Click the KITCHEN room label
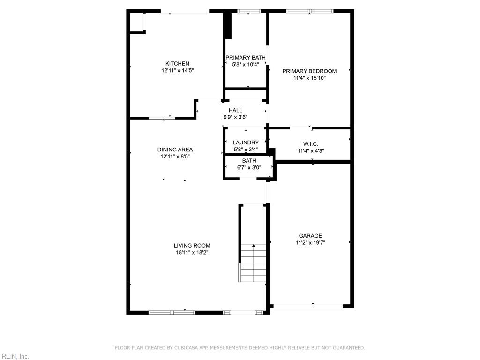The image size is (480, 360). click(x=177, y=64)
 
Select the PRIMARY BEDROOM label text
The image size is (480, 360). click(x=309, y=71)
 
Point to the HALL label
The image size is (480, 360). click(x=235, y=110)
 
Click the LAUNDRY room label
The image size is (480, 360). click(x=246, y=142)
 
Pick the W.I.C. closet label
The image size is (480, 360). click(x=311, y=144)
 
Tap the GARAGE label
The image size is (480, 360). click(x=310, y=236)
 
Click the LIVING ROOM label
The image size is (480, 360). click(x=192, y=245)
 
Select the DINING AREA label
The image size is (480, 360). click(x=175, y=150)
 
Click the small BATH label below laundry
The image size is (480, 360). click(x=249, y=161)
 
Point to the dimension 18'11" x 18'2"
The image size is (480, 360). click(x=192, y=252)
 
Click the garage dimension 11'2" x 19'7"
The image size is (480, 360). click(x=310, y=243)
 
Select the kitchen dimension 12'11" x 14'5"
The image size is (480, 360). click(x=177, y=71)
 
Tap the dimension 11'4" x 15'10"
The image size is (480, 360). click(x=309, y=78)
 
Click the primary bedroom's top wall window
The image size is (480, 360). click(x=310, y=11)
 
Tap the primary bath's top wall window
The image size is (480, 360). click(x=249, y=11)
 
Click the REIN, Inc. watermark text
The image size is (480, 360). click(x=15, y=356)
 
